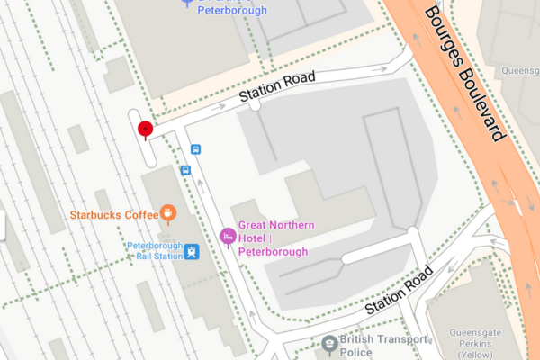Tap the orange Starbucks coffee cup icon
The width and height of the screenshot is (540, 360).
167,213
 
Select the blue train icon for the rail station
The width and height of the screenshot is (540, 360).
193,252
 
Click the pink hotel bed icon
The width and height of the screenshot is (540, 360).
229,236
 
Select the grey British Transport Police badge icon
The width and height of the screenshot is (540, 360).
330,343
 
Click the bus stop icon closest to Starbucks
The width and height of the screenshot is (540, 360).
186,169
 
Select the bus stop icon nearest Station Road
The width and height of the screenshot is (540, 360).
195,149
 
